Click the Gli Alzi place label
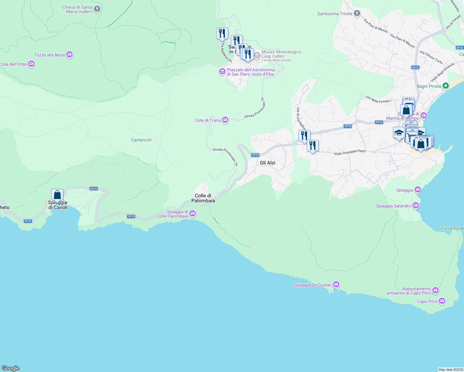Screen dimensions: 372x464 [x=267, y=163]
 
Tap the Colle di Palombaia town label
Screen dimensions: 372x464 [x=203, y=198]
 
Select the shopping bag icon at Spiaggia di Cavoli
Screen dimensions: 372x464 [x=57, y=195]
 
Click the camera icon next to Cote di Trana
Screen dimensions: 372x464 [x=225, y=120]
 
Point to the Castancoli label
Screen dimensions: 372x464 [x=141, y=140]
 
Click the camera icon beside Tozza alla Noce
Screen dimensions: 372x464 [x=69, y=55]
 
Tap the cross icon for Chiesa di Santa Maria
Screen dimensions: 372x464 [x=97, y=9]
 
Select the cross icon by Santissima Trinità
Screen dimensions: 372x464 [x=357, y=13]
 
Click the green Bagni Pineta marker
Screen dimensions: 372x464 [x=446, y=86]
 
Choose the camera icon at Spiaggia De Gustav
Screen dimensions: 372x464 [x=336, y=285]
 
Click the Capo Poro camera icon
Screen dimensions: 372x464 [x=442, y=301]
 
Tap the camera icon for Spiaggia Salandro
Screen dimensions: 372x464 [x=416, y=206]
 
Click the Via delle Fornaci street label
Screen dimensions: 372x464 [x=378, y=100]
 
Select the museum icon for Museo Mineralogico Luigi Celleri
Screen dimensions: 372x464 [x=257, y=55]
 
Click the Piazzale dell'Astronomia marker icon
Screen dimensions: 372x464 [x=222, y=72]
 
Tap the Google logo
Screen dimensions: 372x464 [x=11, y=368]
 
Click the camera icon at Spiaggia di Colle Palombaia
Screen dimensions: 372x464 [x=193, y=213]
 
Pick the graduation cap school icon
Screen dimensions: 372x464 [x=399, y=133]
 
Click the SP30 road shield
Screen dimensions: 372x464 [x=460, y=48]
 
